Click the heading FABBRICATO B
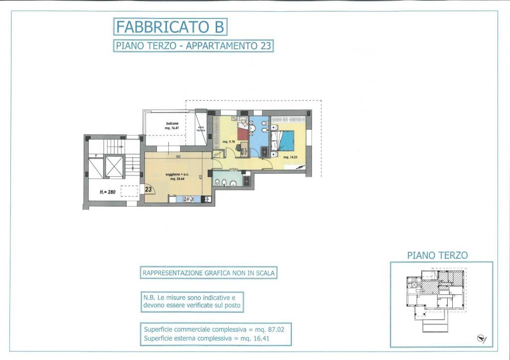coord(170,25)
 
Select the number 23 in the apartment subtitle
coord(265,46)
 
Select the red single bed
coord(242,133)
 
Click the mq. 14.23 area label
coord(290,157)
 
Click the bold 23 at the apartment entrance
coord(148,189)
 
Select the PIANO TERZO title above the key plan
coord(437,255)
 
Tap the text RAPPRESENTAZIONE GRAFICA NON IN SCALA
coord(209,273)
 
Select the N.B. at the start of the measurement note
coord(148,297)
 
